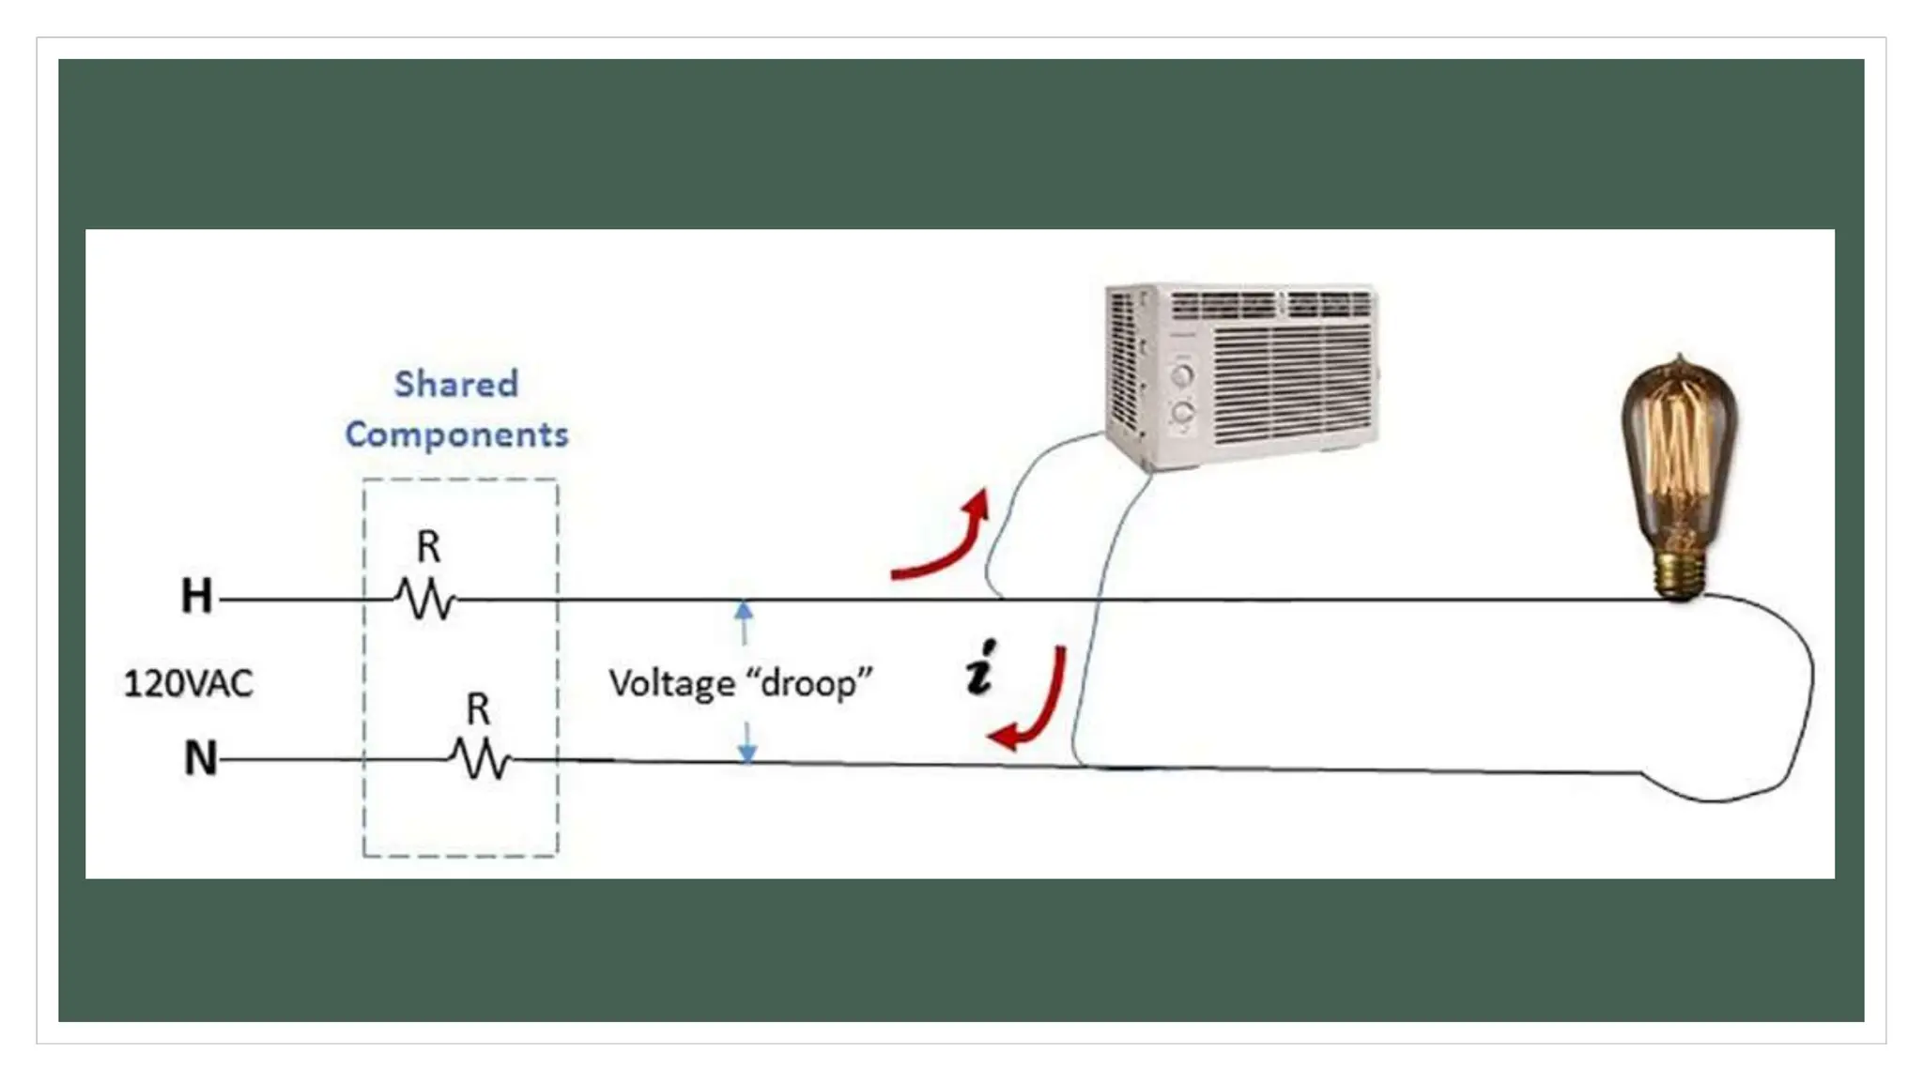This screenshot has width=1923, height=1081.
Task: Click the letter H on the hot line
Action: pyautogui.click(x=196, y=596)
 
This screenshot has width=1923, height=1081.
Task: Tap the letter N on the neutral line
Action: pyautogui.click(x=200, y=758)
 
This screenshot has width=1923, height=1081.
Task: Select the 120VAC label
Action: pyautogui.click(x=188, y=683)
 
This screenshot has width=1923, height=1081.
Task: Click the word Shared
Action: pyautogui.click(x=456, y=384)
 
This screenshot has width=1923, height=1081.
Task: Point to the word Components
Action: pyautogui.click(x=456, y=434)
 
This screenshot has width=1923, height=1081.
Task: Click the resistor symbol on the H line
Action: pyautogui.click(x=425, y=599)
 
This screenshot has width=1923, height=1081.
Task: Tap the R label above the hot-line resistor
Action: pyautogui.click(x=428, y=547)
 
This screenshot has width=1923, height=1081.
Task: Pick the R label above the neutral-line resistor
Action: pyautogui.click(x=478, y=709)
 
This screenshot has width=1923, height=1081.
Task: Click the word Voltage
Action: pyautogui.click(x=671, y=683)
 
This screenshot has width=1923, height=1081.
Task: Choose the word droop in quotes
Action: pyautogui.click(x=808, y=683)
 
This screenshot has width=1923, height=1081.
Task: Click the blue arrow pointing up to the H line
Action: pyautogui.click(x=744, y=622)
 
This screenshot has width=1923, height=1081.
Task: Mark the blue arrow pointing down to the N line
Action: pyautogui.click(x=747, y=743)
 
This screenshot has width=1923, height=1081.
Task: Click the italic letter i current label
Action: pyautogui.click(x=980, y=668)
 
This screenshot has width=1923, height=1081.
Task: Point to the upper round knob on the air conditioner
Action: pyautogui.click(x=1182, y=376)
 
